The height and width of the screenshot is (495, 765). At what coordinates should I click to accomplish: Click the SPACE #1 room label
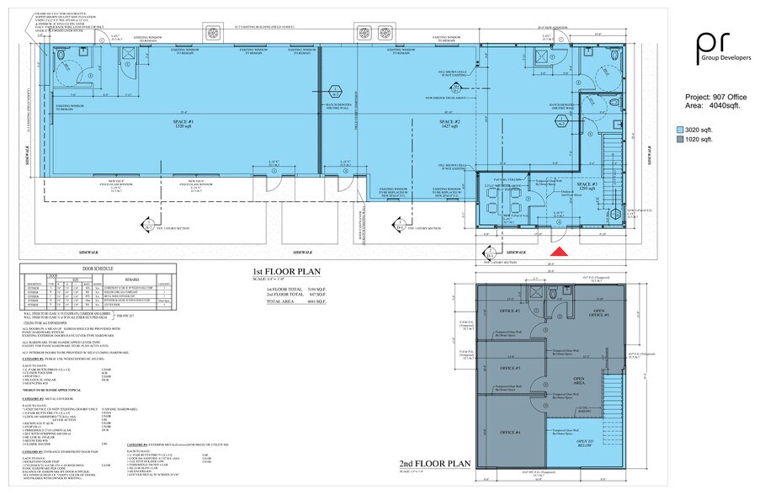click(184, 124)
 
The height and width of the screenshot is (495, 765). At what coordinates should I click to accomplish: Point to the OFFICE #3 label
click(510, 369)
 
